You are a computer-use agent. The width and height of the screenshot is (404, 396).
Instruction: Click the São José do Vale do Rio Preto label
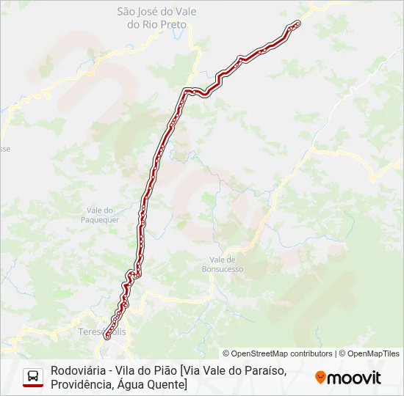[x=157, y=18]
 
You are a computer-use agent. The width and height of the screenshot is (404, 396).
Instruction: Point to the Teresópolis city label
[x=102, y=332]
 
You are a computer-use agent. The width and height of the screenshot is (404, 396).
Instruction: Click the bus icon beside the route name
[x=33, y=376]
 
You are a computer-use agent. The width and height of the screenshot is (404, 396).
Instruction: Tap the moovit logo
[x=348, y=378]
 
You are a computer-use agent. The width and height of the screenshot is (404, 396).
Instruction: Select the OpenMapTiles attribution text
[x=372, y=353]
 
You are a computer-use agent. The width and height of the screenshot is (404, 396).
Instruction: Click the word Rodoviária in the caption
[x=80, y=370]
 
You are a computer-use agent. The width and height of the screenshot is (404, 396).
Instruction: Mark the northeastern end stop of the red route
[x=297, y=23]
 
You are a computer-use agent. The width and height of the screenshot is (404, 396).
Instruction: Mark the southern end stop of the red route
[x=107, y=335]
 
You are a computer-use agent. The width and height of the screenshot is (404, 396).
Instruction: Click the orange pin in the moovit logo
[x=320, y=378]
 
